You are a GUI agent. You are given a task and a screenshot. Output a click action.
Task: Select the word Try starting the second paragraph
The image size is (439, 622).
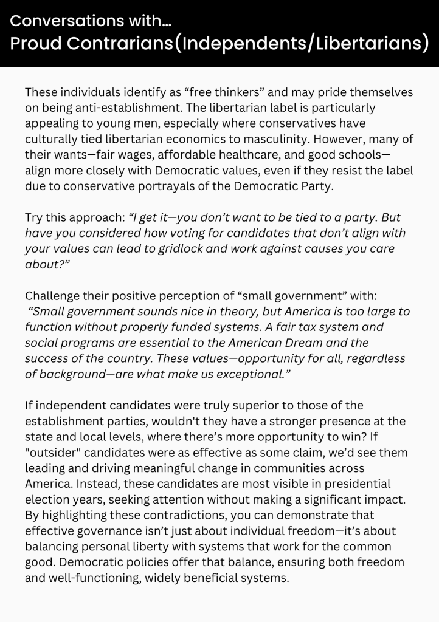pos(34,217)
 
